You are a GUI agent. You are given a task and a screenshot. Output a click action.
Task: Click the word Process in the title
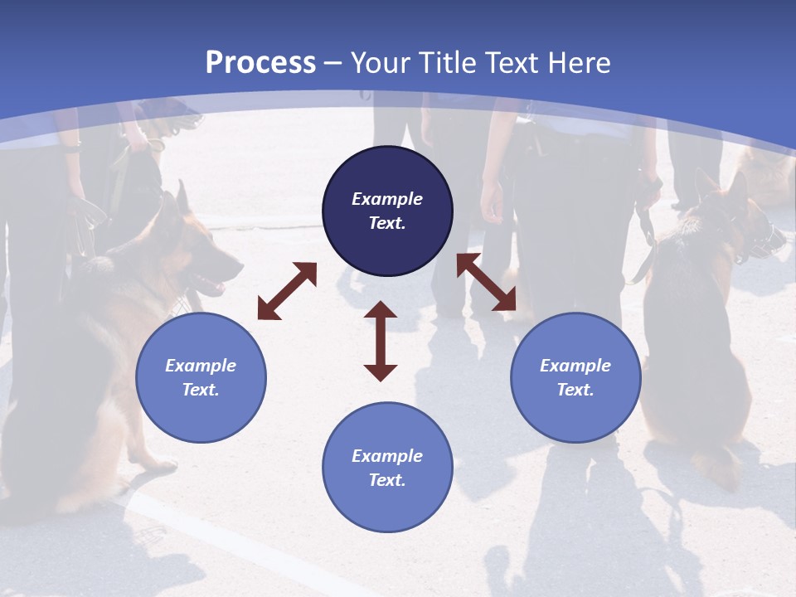coord(260,63)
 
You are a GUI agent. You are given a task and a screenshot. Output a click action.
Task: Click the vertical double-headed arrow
coord(381,341)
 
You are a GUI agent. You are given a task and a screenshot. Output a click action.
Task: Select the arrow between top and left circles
coord(287,291)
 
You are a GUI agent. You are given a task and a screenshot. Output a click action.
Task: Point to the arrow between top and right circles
coord(486,283)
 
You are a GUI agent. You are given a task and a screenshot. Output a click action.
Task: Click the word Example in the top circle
coord(387,199)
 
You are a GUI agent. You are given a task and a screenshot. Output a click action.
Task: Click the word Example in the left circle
coord(201,366)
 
